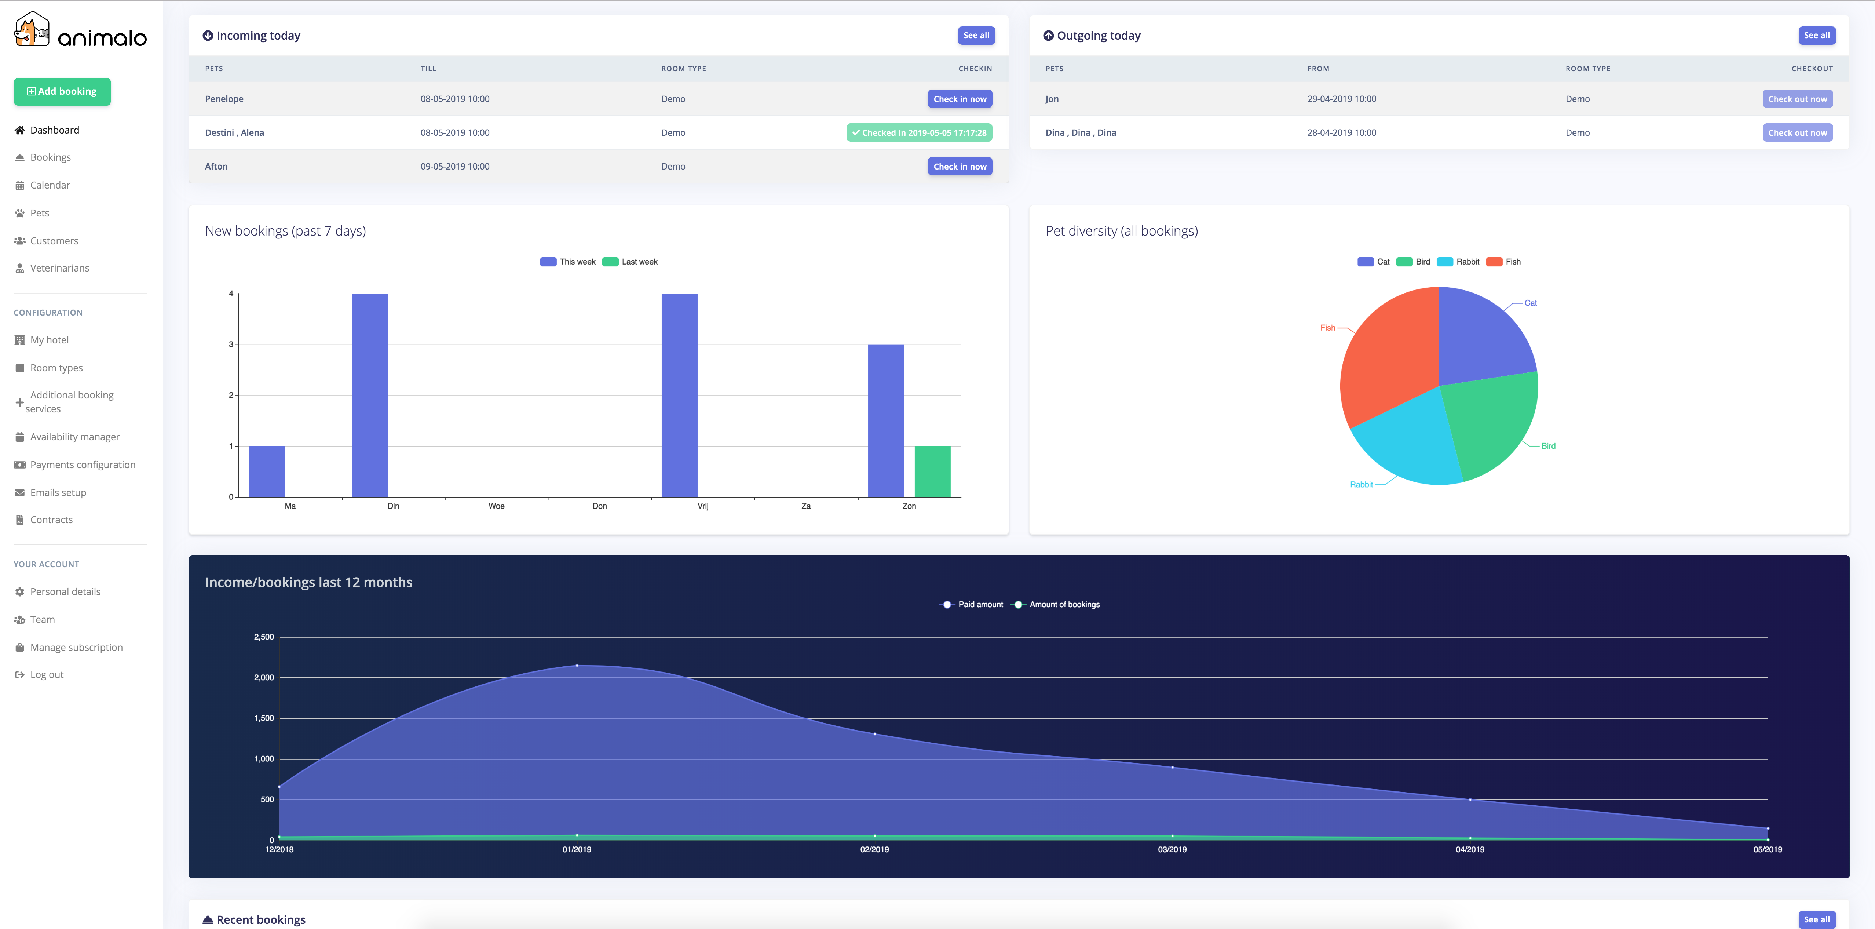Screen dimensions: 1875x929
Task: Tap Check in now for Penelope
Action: (x=960, y=99)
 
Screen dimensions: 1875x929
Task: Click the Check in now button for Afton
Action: (x=960, y=167)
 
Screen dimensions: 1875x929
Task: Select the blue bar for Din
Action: (x=370, y=395)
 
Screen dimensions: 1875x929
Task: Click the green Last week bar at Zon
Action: (x=932, y=472)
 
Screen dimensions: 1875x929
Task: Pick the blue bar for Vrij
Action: (x=679, y=395)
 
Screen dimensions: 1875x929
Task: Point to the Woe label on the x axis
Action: (x=496, y=506)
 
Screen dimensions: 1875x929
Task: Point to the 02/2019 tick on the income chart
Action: (x=874, y=850)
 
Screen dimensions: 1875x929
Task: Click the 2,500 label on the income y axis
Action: (x=263, y=637)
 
